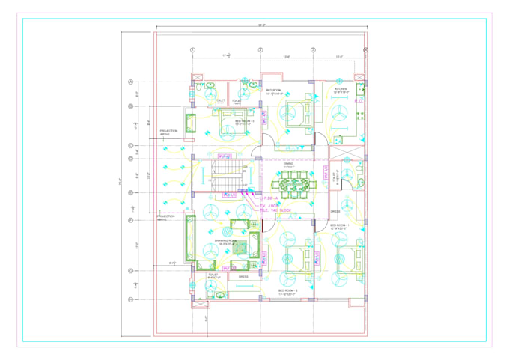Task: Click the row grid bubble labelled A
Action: (x=130, y=82)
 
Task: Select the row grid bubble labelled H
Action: (x=130, y=299)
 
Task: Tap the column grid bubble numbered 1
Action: (x=192, y=50)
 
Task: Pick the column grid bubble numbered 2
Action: (x=260, y=50)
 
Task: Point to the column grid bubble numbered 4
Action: (x=365, y=50)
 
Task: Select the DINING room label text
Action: (x=288, y=163)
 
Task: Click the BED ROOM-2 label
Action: (x=288, y=291)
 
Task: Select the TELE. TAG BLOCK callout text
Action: (x=275, y=211)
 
